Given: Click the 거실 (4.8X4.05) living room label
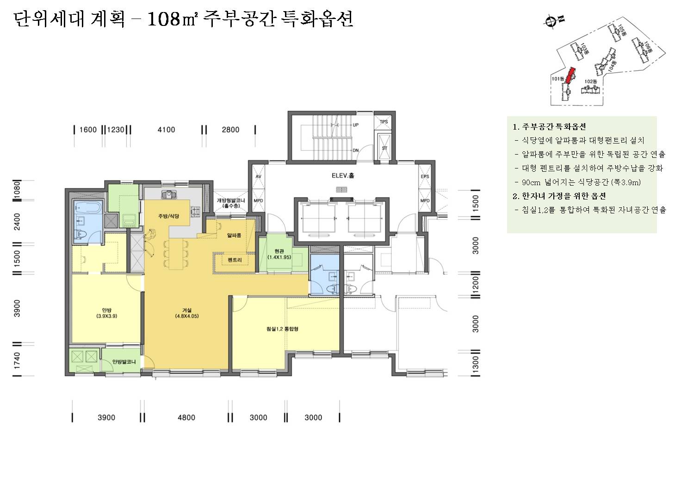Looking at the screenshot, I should pyautogui.click(x=187, y=313).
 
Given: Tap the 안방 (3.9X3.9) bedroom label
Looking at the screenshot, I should pyautogui.click(x=106, y=313).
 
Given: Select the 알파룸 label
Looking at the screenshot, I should pyautogui.click(x=234, y=236).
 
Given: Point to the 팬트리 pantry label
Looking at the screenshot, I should pyautogui.click(x=235, y=260).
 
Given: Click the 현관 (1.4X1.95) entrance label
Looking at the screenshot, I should pyautogui.click(x=279, y=254).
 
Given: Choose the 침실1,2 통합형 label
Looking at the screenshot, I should pyautogui.click(x=282, y=329).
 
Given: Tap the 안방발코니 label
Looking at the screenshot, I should pyautogui.click(x=124, y=362).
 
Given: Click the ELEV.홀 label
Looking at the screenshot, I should pyautogui.click(x=343, y=176).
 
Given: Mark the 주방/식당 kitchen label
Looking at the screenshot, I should pyautogui.click(x=168, y=216).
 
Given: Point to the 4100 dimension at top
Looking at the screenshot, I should pyautogui.click(x=166, y=130).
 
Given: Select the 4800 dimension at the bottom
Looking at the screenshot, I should pyautogui.click(x=186, y=418).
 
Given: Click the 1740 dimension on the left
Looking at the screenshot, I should pyautogui.click(x=17, y=361).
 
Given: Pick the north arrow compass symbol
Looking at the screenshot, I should pyautogui.click(x=551, y=20).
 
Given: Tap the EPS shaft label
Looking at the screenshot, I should pyautogui.click(x=425, y=177).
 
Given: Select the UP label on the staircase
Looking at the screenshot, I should pyautogui.click(x=355, y=125).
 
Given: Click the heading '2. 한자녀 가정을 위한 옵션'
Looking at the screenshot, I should pyautogui.click(x=559, y=196).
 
